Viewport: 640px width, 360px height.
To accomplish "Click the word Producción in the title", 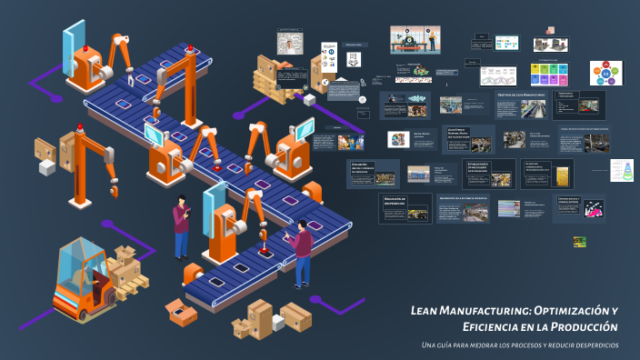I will coord(587,326).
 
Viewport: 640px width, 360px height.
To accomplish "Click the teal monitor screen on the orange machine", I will coord(152,138).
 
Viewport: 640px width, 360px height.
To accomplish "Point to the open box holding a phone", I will coord(181,312).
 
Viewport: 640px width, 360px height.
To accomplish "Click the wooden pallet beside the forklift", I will coord(134,285).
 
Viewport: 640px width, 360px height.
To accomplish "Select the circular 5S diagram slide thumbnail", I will coord(606,73).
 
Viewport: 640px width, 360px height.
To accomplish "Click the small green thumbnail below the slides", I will coord(579,242).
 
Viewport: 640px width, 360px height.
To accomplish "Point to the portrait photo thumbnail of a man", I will coord(289,44).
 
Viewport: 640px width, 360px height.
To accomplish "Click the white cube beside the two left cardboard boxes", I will coord(46,167).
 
